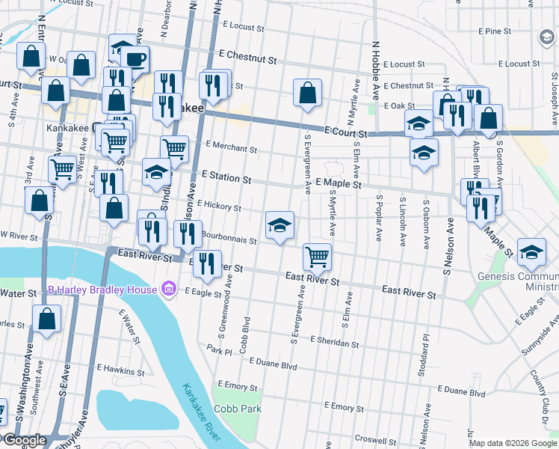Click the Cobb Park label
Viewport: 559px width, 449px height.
point(238,409)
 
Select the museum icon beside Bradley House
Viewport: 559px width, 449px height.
point(168,290)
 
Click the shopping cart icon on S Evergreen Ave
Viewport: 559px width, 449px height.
point(318,257)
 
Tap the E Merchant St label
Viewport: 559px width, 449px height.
point(231,148)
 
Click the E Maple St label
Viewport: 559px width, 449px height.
point(339,183)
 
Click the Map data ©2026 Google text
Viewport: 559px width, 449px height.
point(513,443)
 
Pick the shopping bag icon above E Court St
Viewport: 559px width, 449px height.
point(307,94)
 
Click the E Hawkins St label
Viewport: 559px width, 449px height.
point(120,370)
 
